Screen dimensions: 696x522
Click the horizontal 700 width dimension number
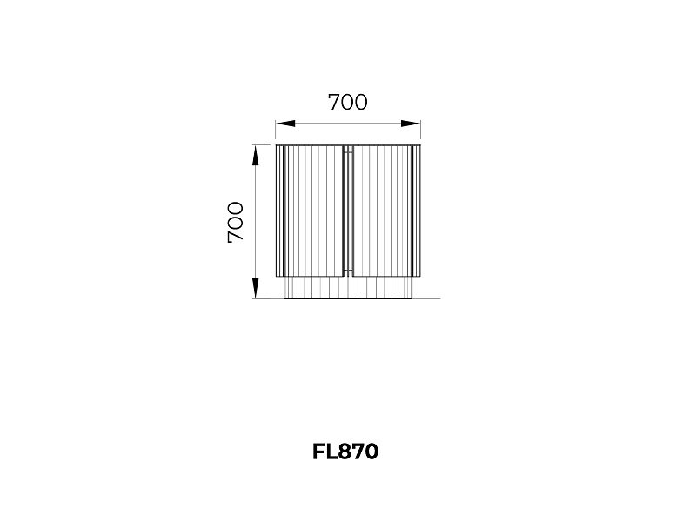pyautogui.click(x=347, y=102)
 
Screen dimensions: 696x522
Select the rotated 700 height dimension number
pyautogui.click(x=236, y=222)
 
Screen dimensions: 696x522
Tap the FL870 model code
pyautogui.click(x=345, y=452)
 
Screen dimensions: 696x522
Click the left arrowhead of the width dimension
pyautogui.click(x=285, y=124)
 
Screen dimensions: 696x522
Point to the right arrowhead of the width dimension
pyautogui.click(x=411, y=124)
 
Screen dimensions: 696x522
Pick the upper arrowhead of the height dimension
pyautogui.click(x=256, y=156)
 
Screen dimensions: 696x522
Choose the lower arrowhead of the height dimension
pyautogui.click(x=256, y=288)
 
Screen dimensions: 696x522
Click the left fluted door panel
pyautogui.click(x=310, y=211)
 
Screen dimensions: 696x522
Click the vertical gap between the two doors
pyautogui.click(x=348, y=211)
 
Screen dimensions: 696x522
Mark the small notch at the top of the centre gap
pyautogui.click(x=348, y=149)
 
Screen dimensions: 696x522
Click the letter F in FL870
pyautogui.click(x=318, y=452)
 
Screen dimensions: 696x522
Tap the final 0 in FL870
pyautogui.click(x=371, y=452)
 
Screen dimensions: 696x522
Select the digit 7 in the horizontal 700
pyautogui.click(x=334, y=102)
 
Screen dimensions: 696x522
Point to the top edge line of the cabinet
pyautogui.click(x=348, y=145)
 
